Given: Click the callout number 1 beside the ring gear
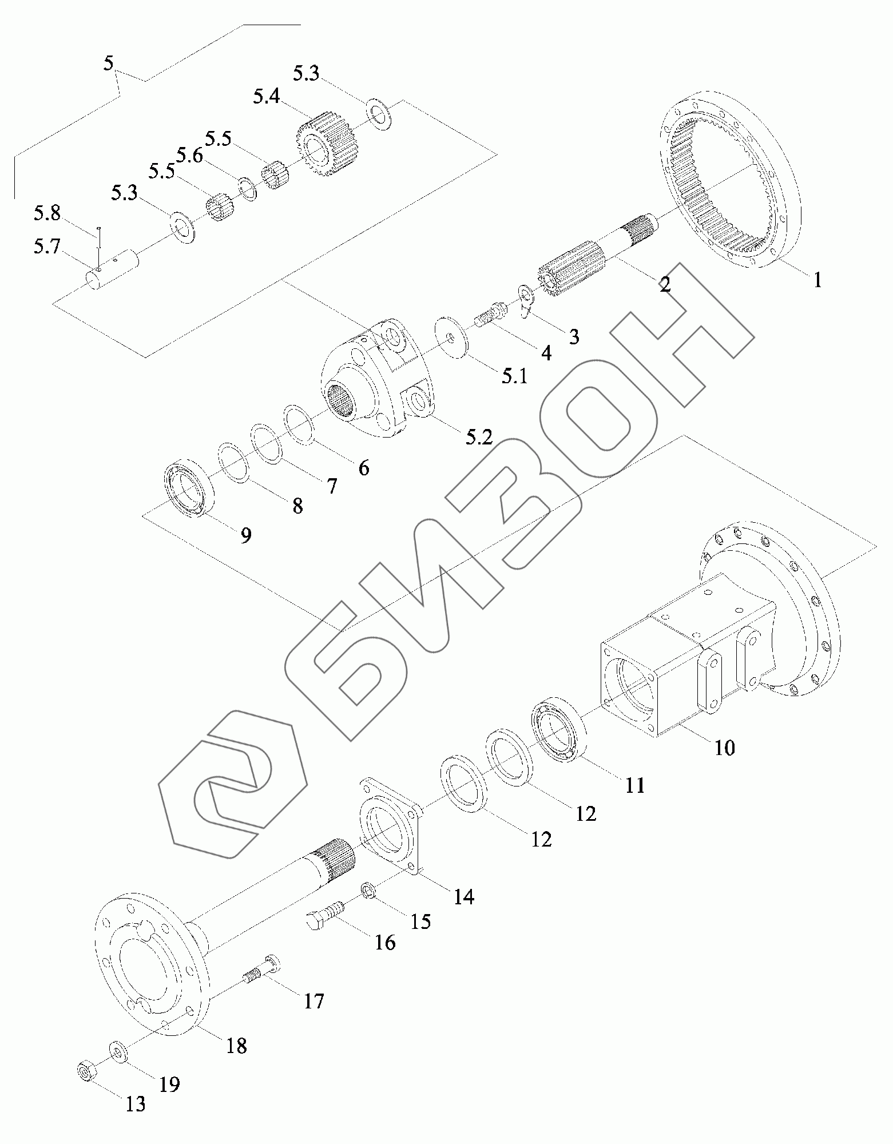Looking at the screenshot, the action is pos(817,280).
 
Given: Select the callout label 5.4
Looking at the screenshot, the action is pos(267,97).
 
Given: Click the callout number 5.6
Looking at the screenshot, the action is pos(189,156).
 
